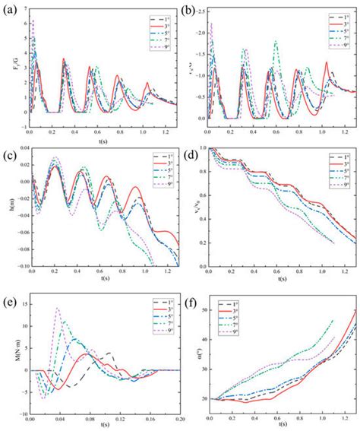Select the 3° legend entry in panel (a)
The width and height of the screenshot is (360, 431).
coord(150,25)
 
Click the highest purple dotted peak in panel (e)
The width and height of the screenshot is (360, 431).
coord(58,308)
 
